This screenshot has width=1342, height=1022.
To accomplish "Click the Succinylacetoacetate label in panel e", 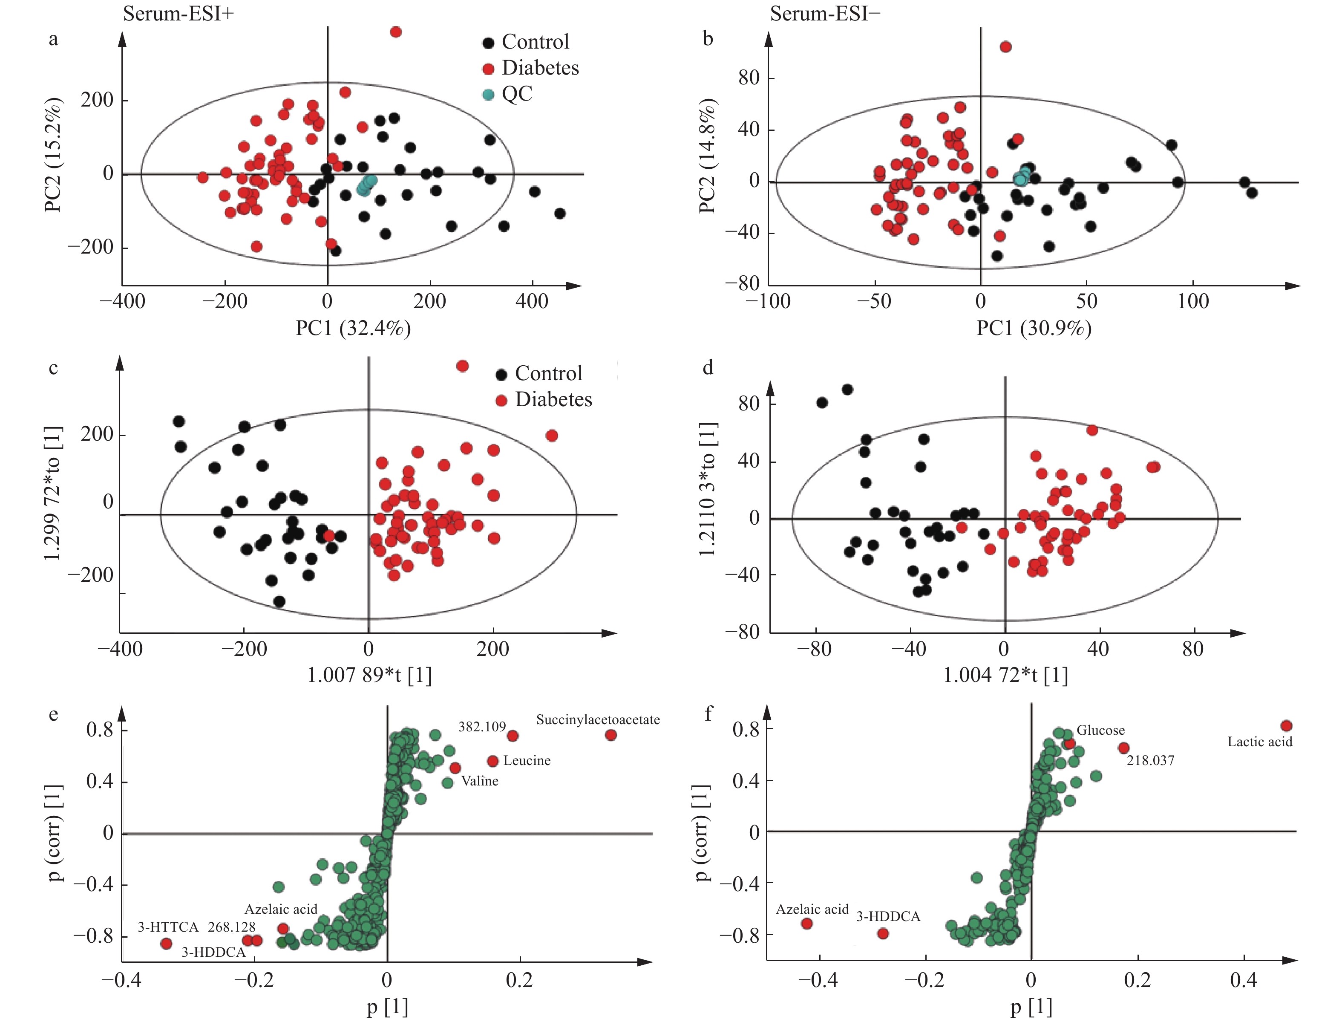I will tap(598, 720).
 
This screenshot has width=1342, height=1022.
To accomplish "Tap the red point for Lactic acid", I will tap(1286, 726).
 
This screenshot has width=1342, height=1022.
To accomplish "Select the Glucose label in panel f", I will tap(1100, 730).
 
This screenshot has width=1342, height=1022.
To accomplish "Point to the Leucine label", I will tap(527, 760).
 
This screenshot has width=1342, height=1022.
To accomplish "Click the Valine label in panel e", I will tap(480, 781).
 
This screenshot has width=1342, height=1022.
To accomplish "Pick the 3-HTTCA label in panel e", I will tap(168, 927).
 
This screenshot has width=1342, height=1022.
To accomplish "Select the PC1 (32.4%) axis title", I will tap(353, 329).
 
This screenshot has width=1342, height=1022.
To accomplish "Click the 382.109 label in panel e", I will tap(481, 726).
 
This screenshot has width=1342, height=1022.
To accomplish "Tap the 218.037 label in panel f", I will tap(1150, 760).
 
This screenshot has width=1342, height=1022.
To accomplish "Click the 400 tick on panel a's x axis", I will tap(532, 302).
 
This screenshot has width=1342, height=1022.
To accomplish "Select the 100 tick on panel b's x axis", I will tap(1193, 302).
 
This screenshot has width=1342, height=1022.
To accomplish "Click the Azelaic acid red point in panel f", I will tap(807, 924).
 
